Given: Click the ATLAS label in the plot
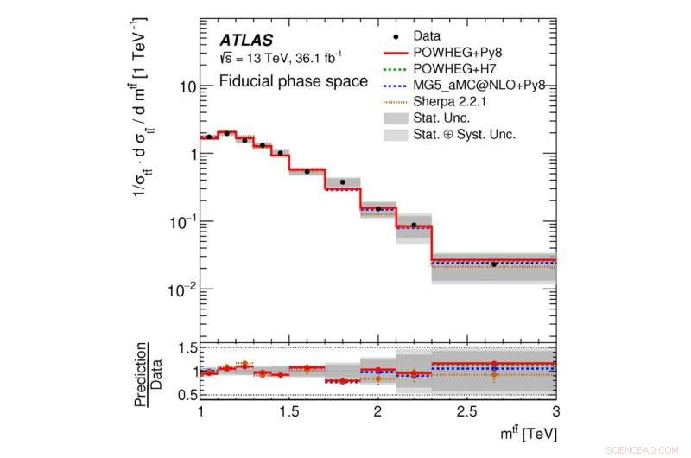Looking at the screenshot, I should click(x=246, y=40).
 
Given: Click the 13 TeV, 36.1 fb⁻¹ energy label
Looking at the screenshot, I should click(x=280, y=58).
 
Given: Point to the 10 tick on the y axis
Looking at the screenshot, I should click(x=183, y=87).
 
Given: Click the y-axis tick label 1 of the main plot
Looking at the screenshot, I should click(x=187, y=154).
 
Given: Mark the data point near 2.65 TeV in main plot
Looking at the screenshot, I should click(x=493, y=264).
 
